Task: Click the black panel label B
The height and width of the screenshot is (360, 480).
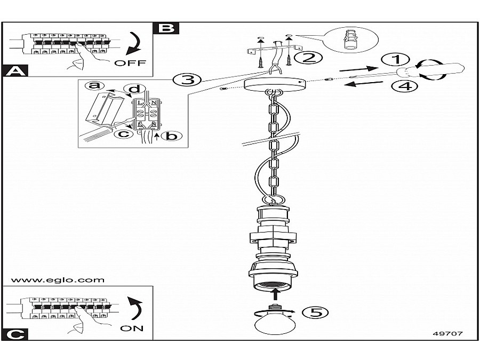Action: pyautogui.click(x=166, y=28)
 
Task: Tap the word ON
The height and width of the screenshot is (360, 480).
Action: pyautogui.click(x=132, y=328)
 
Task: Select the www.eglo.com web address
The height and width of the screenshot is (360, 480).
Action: pyautogui.click(x=57, y=279)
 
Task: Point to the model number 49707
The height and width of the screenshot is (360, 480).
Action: pyautogui.click(x=447, y=334)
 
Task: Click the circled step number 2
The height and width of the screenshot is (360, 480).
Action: pyautogui.click(x=308, y=57)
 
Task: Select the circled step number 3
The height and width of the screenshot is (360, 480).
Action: pyautogui.click(x=187, y=80)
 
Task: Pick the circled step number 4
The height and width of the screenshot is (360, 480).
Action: pyautogui.click(x=406, y=85)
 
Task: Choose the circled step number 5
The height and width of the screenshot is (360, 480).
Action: pyautogui.click(x=315, y=313)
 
